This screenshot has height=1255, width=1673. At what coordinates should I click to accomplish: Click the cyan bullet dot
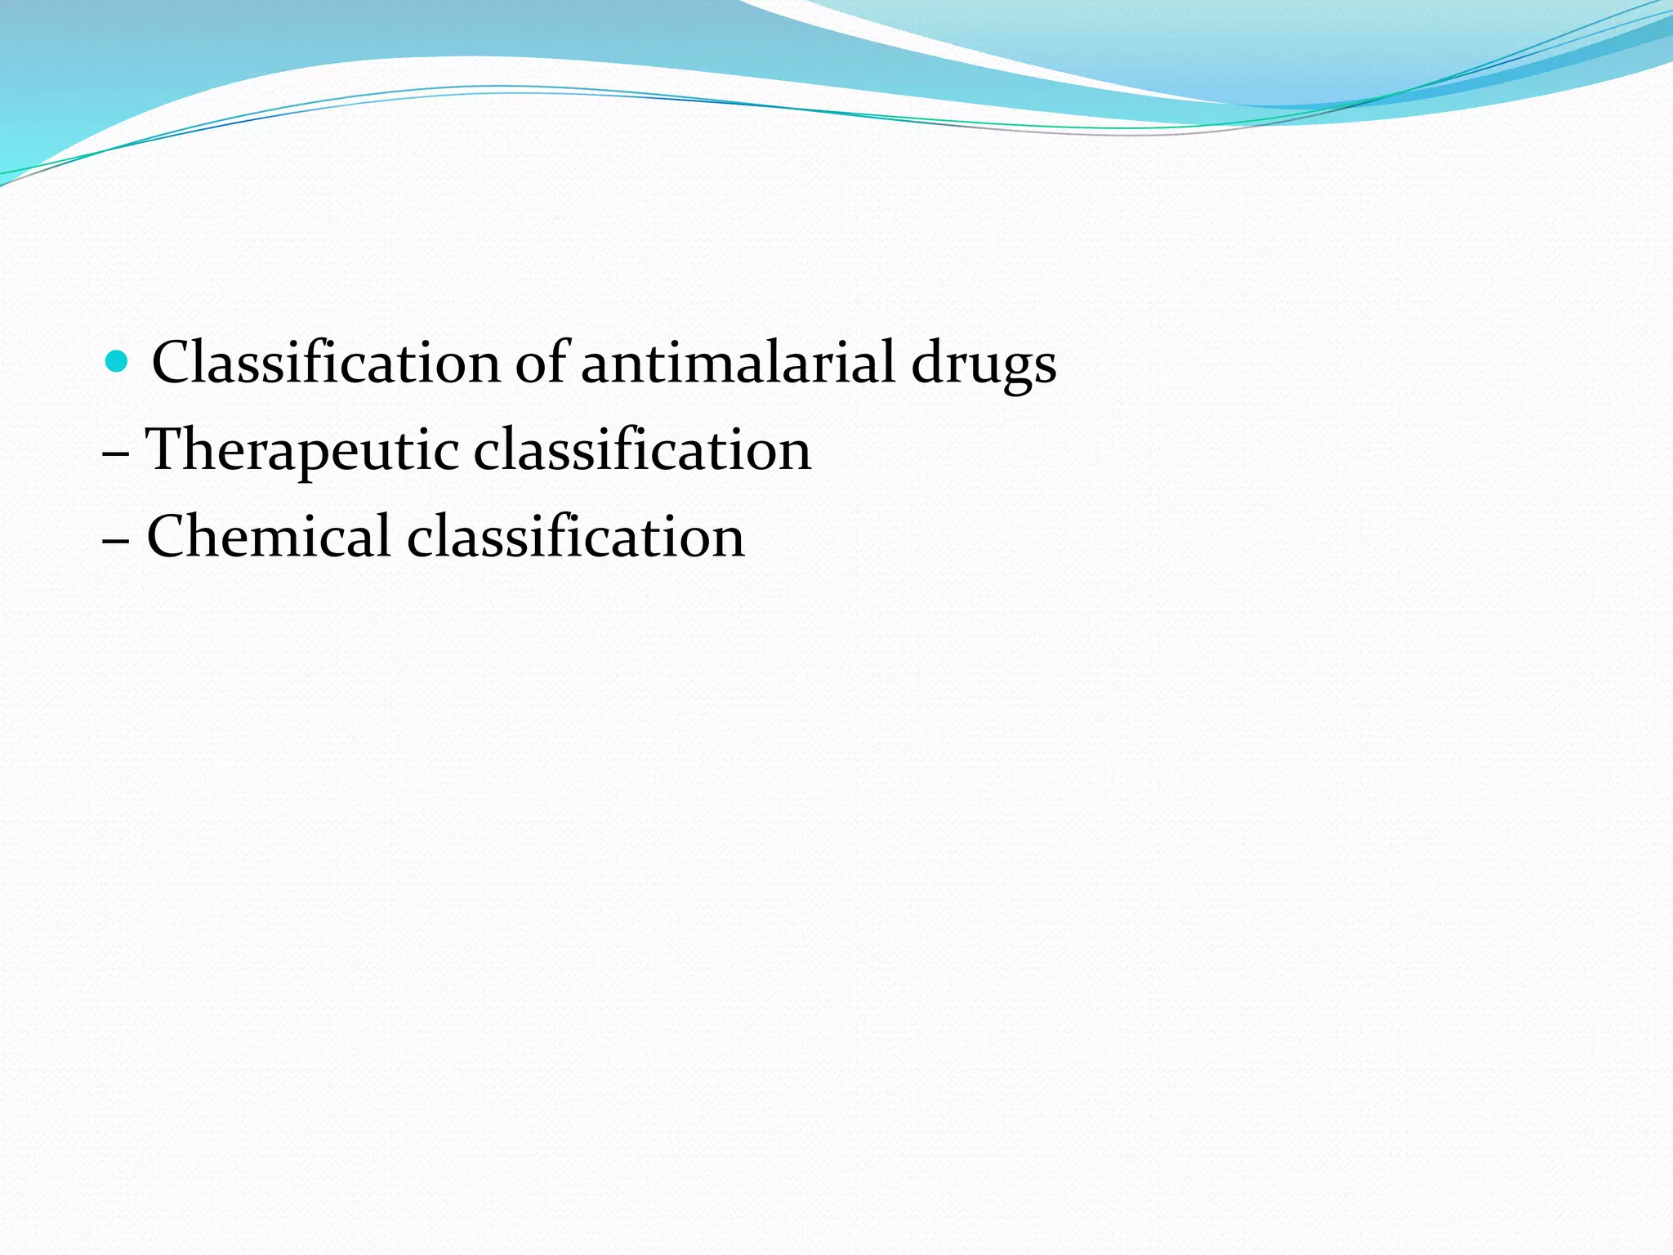coord(118,360)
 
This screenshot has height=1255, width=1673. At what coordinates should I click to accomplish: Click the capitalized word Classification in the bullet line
coord(325,362)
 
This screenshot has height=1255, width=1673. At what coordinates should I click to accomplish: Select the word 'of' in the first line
coord(542,362)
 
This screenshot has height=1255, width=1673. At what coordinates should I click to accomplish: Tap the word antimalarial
coord(738,362)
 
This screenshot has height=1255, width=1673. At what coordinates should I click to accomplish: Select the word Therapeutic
coord(301,450)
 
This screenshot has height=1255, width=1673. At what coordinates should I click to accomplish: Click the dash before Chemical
coord(115,539)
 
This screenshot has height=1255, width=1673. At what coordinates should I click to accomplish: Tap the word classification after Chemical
coord(576,537)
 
